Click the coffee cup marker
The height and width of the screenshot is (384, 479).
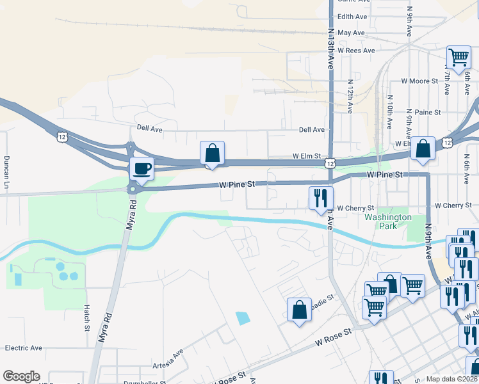[x=141, y=170]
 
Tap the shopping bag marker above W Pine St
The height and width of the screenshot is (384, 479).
[x=212, y=154]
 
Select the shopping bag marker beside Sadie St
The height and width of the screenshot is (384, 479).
[x=299, y=310]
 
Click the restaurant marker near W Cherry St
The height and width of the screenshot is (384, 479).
[x=321, y=198]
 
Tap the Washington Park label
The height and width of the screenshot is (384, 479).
[x=388, y=221]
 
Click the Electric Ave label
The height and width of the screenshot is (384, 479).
[x=24, y=348]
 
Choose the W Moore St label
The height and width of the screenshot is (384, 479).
[x=419, y=81]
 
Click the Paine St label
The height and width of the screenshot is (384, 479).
[x=428, y=112]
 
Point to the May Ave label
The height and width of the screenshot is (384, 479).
[x=351, y=33]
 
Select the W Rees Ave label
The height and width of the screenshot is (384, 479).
[x=356, y=50]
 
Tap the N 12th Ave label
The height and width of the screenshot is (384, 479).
[x=350, y=97]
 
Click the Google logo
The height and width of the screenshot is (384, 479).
[x=21, y=376]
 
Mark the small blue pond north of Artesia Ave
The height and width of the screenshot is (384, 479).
[x=243, y=317]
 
